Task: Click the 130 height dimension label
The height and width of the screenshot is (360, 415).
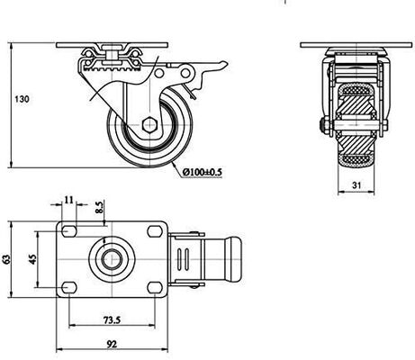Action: pos(22,99)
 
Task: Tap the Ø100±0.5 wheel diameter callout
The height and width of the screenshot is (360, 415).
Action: pos(203,172)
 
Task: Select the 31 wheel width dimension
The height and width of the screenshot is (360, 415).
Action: pos(356,185)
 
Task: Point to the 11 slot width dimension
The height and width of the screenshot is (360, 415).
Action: pos(69,200)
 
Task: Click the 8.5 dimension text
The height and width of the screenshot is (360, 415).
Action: pos(99,207)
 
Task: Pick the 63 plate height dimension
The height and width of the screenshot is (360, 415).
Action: pos(6,259)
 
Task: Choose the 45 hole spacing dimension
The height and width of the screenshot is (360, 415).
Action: pos(32,259)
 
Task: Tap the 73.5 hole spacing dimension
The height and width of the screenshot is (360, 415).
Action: pos(112,320)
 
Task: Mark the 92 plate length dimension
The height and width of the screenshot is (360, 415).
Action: pos(112,344)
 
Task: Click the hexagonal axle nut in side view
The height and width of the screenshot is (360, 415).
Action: pos(149,125)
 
